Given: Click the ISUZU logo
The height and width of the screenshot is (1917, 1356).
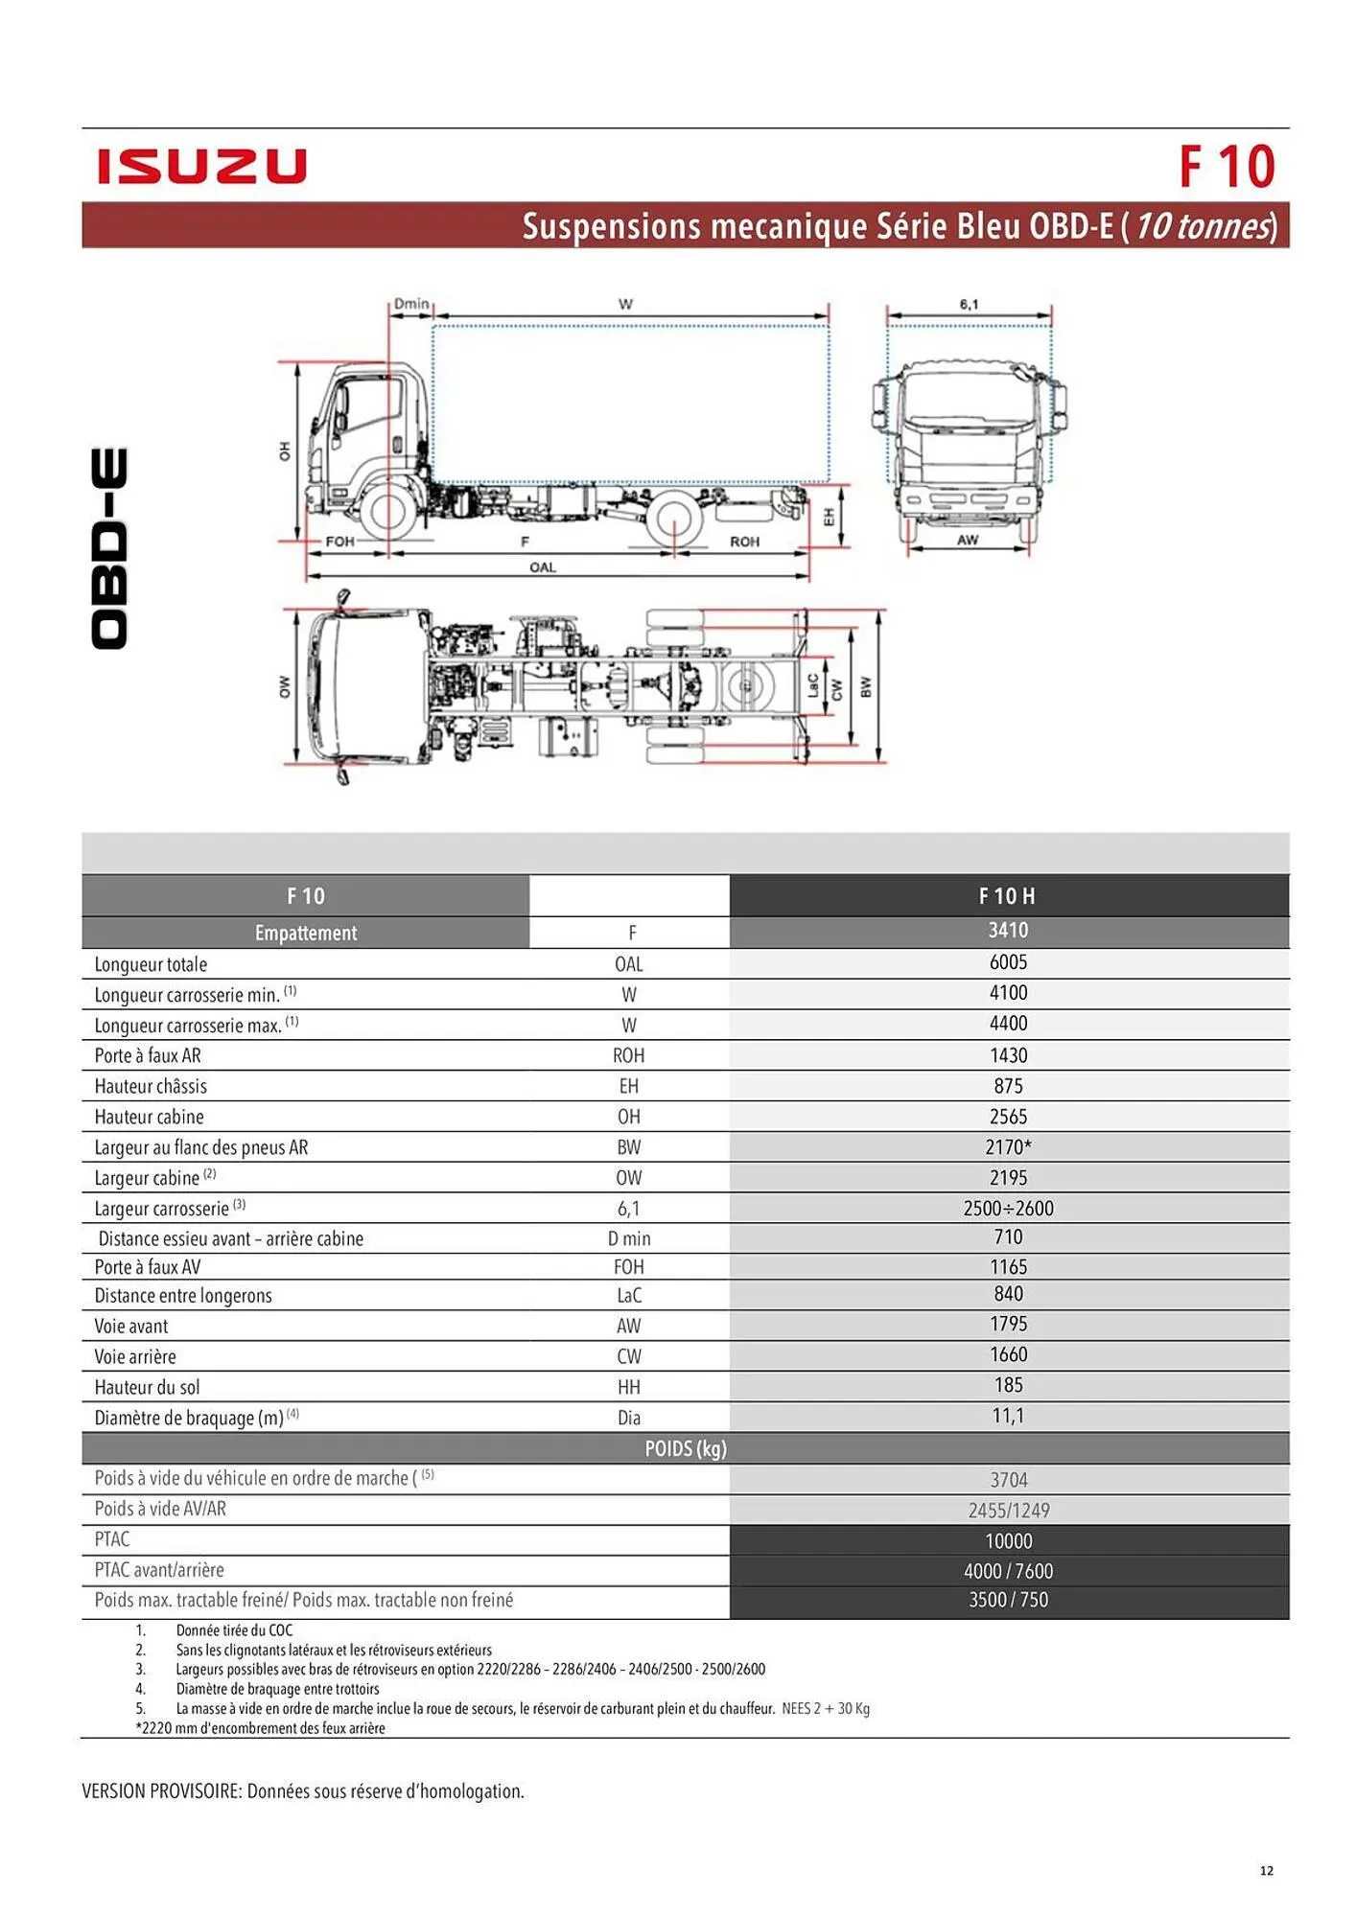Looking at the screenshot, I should click(x=201, y=166).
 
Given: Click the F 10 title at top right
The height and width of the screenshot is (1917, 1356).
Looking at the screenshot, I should click(x=1226, y=167).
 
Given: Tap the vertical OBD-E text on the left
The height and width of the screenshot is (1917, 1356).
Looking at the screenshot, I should click(x=109, y=548).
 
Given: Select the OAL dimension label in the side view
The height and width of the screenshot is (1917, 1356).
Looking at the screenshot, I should click(x=543, y=567).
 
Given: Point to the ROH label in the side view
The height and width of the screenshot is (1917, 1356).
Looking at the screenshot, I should click(x=744, y=542).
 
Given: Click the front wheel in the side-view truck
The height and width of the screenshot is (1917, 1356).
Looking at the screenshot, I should click(x=387, y=511).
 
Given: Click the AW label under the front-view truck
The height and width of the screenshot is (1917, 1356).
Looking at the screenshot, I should click(x=968, y=540).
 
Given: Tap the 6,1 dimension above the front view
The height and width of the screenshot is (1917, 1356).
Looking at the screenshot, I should click(x=969, y=304).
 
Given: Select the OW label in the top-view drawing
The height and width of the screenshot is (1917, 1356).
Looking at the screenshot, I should click(x=284, y=686).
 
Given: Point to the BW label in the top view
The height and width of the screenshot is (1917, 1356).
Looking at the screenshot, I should click(x=865, y=687).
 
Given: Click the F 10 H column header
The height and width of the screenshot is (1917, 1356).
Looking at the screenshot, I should click(x=1007, y=896).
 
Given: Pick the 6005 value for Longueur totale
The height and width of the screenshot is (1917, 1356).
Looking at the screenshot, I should click(x=1008, y=962).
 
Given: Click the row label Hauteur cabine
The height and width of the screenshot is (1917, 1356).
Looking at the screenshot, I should click(x=149, y=1117).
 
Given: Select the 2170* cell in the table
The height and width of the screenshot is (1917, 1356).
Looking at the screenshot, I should click(x=1008, y=1147).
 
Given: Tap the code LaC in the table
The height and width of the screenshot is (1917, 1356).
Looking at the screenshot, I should click(x=629, y=1296).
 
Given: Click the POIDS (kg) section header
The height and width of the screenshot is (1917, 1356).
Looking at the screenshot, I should click(x=685, y=1448).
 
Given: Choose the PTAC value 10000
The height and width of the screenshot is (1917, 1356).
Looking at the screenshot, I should click(x=1008, y=1541).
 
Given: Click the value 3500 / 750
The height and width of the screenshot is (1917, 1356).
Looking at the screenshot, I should click(x=1008, y=1600).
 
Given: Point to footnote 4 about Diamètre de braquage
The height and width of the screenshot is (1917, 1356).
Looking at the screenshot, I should click(x=277, y=1689).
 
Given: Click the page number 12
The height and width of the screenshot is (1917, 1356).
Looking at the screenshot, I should click(x=1266, y=1870).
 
